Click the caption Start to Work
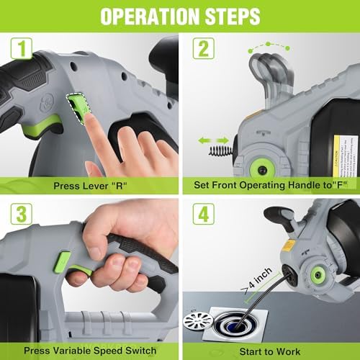click(270, 350)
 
